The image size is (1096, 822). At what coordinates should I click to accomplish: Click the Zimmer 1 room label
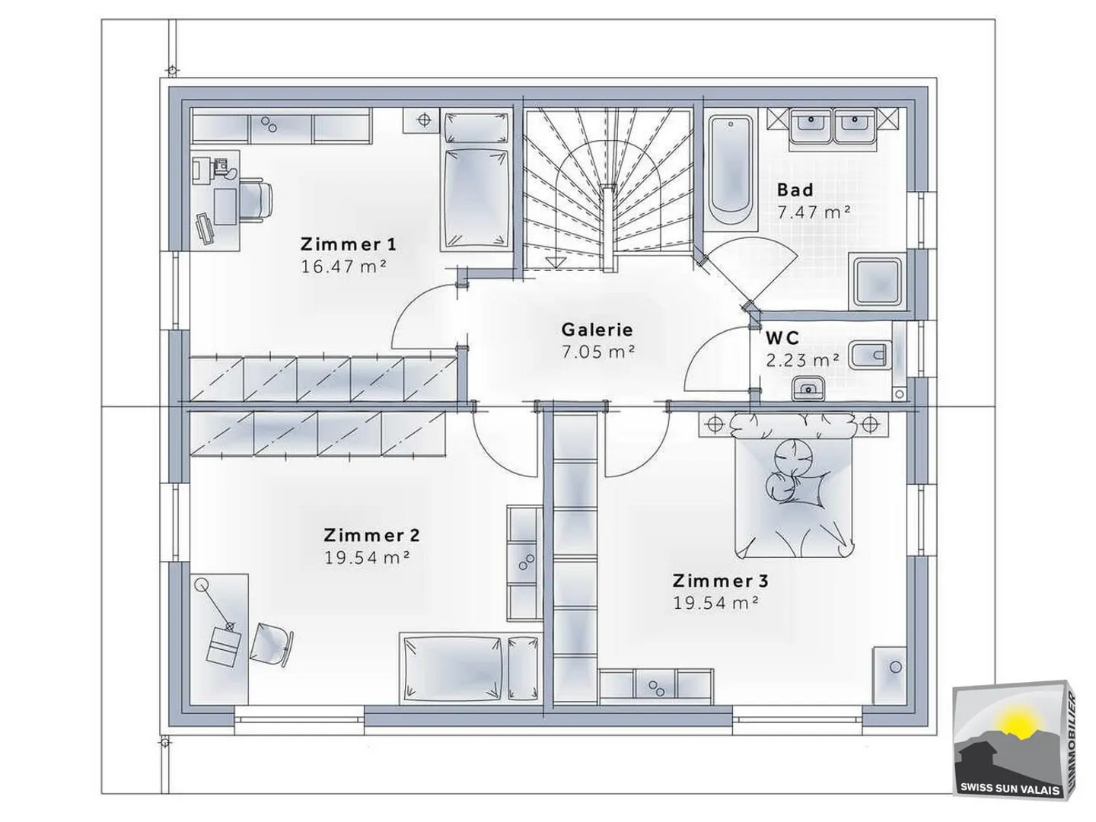tap(348, 244)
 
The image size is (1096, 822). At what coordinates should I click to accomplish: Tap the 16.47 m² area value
tap(343, 266)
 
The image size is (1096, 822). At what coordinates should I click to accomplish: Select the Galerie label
tap(597, 330)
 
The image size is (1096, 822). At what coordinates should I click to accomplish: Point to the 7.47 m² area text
tap(813, 212)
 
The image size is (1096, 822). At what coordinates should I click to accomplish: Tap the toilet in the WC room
tap(870, 355)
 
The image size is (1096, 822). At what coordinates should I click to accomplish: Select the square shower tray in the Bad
tap(878, 282)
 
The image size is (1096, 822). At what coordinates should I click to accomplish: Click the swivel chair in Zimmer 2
tap(271, 643)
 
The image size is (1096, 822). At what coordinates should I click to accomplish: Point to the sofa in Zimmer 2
tap(470, 668)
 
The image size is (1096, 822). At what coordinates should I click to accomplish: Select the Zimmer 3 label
tap(721, 581)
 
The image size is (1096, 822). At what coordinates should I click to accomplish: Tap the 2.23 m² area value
tap(802, 360)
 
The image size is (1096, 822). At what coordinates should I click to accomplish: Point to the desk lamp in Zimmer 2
tap(215, 604)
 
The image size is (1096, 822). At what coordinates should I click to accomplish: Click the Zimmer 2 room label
tap(372, 535)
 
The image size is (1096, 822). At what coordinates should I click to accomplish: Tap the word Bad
tap(795, 190)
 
